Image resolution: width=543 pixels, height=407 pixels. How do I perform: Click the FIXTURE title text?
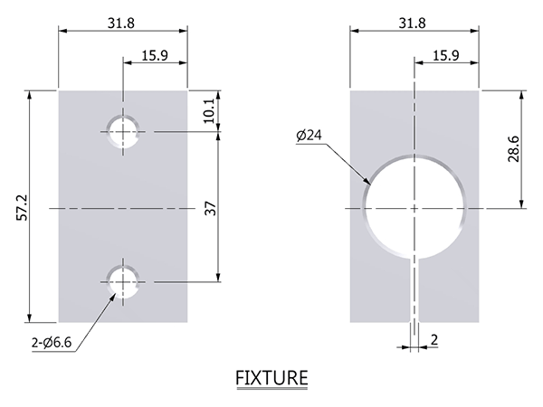click(271, 377)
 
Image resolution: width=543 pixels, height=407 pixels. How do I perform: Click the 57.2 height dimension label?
click(22, 208)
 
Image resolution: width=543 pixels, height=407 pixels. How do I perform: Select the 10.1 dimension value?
click(209, 111)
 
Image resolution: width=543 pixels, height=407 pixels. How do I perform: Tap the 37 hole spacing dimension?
click(210, 208)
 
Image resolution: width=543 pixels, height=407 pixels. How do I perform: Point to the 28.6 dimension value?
click(513, 149)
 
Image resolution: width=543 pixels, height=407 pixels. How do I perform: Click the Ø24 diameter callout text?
click(309, 135)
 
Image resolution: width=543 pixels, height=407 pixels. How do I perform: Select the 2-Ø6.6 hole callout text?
click(52, 343)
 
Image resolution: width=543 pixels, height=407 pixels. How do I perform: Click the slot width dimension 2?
click(434, 340)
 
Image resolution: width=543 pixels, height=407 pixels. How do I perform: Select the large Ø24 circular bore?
click(364, 208)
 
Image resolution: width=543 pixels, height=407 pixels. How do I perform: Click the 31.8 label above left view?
click(121, 24)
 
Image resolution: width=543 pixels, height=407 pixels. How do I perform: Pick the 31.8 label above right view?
click(413, 24)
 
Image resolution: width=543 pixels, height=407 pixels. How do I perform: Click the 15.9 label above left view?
click(155, 55)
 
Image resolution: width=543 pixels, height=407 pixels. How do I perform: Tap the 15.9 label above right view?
click(446, 55)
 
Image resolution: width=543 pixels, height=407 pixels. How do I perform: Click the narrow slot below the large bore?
click(414, 290)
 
